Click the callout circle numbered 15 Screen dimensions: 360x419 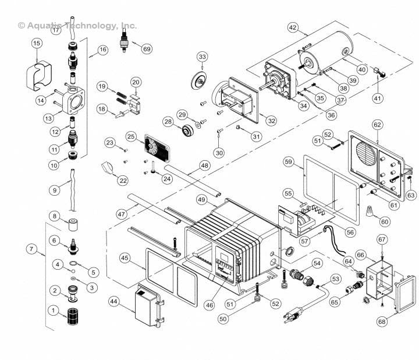point(37,43)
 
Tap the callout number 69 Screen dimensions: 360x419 point(146,49)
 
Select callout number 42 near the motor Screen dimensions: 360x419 point(293,27)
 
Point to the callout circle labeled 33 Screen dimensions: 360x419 point(202,57)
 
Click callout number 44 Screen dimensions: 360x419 point(113,301)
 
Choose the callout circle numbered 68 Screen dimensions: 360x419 point(398,321)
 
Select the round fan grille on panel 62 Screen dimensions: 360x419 point(365,153)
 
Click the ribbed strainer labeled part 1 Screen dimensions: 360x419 point(72,317)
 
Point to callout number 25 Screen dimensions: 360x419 point(131,136)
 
